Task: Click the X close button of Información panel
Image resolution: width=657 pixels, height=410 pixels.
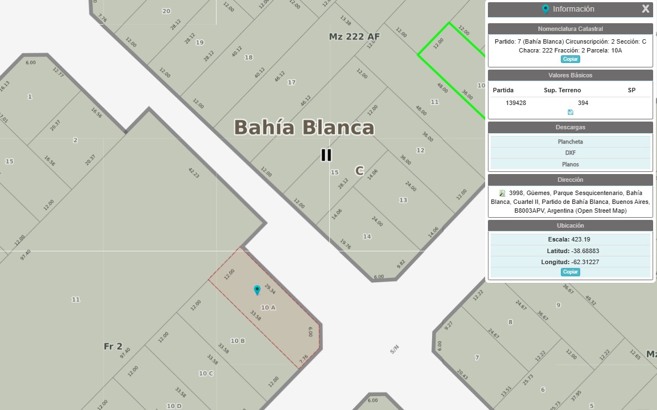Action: (x=645, y=9)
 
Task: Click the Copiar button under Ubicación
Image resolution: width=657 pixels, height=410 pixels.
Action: (x=570, y=272)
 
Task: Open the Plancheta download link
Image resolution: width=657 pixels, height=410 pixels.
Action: (x=570, y=142)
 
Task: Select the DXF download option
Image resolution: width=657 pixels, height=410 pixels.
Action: (x=570, y=153)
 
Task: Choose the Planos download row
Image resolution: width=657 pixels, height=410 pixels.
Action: (x=570, y=164)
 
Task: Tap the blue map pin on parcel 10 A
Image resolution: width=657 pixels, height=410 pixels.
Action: (x=257, y=290)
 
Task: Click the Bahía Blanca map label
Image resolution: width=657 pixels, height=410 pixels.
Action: (x=304, y=128)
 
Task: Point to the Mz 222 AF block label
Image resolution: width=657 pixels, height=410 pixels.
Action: (x=354, y=36)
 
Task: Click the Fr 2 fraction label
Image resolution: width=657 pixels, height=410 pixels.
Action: (x=113, y=346)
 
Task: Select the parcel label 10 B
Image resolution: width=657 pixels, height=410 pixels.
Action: (x=238, y=341)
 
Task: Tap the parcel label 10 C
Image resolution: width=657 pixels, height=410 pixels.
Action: (x=206, y=374)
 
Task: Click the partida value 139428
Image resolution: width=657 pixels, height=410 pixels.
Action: (x=516, y=103)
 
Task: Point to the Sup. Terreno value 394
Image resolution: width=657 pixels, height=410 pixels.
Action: (x=583, y=103)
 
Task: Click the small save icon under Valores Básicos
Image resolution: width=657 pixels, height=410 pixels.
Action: (x=570, y=112)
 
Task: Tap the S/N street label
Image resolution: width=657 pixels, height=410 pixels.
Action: (x=395, y=349)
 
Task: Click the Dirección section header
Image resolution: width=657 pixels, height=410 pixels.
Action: (x=570, y=180)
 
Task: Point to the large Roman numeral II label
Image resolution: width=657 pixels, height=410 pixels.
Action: (x=327, y=155)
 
